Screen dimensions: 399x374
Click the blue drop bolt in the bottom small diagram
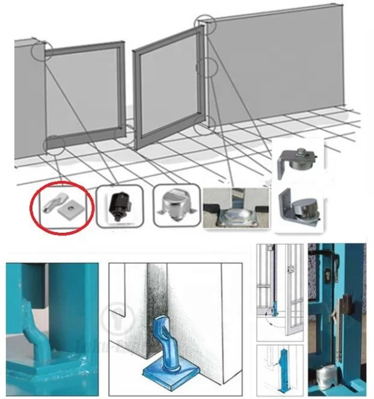coord(280,365)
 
